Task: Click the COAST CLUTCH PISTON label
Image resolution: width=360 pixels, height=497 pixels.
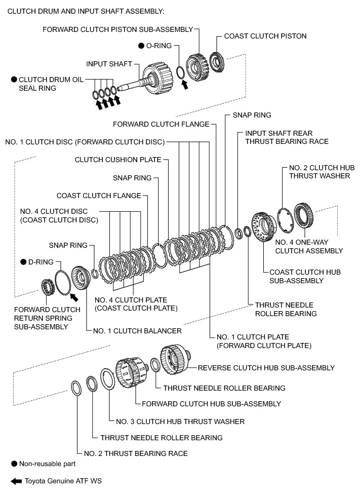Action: click(265, 36)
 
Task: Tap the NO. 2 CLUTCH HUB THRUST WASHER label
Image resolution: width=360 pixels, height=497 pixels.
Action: click(322, 172)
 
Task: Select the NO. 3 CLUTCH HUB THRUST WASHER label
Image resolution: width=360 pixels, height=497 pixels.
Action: click(180, 422)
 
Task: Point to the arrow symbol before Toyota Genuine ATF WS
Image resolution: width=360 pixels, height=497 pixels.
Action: click(16, 481)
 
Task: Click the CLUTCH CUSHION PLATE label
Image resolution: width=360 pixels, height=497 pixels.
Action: click(118, 160)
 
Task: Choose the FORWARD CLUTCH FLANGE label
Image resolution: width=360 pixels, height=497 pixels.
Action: click(161, 124)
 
